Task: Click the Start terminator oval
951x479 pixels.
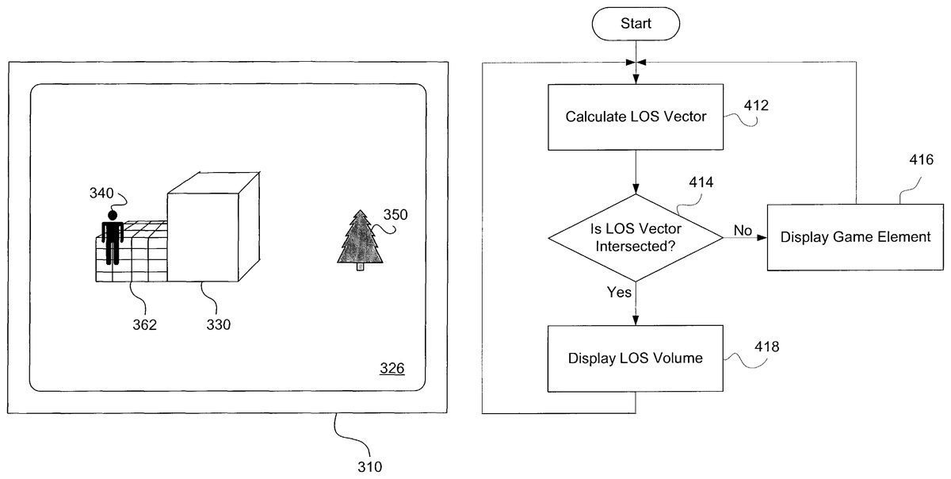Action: (x=636, y=25)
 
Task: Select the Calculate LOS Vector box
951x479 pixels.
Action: (x=636, y=117)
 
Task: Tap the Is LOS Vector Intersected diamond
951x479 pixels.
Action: (x=636, y=237)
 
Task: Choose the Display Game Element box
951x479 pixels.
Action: (x=855, y=237)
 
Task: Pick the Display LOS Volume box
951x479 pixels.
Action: (x=636, y=358)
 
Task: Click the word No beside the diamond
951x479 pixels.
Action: (x=743, y=230)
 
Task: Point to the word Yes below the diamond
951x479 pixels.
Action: (x=619, y=293)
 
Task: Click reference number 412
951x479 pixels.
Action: (x=757, y=105)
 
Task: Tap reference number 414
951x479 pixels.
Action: (x=700, y=182)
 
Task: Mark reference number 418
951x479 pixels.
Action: (x=766, y=347)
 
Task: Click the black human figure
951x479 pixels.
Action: (x=113, y=237)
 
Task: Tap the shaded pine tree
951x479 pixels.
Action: (x=361, y=239)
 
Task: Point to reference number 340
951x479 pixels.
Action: (x=101, y=192)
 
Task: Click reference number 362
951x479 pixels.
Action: (x=144, y=324)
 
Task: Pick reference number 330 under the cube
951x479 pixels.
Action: (x=218, y=324)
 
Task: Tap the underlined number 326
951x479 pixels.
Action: (x=391, y=369)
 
